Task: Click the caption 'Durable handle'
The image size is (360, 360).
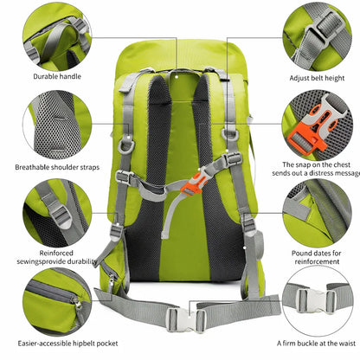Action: (57, 76)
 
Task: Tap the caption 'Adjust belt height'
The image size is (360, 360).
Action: (317, 78)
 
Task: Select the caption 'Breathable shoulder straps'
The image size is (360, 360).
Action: (57, 167)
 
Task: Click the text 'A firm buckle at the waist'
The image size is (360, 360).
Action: (316, 344)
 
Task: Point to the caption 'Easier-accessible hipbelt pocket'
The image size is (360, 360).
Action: (67, 344)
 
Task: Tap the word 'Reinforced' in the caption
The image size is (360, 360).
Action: (56, 253)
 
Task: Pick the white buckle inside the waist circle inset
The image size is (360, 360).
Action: (317, 300)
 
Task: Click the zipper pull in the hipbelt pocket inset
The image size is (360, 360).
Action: (78, 303)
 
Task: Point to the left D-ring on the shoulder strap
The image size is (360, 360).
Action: (125, 144)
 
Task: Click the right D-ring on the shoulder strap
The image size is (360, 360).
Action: (230, 135)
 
